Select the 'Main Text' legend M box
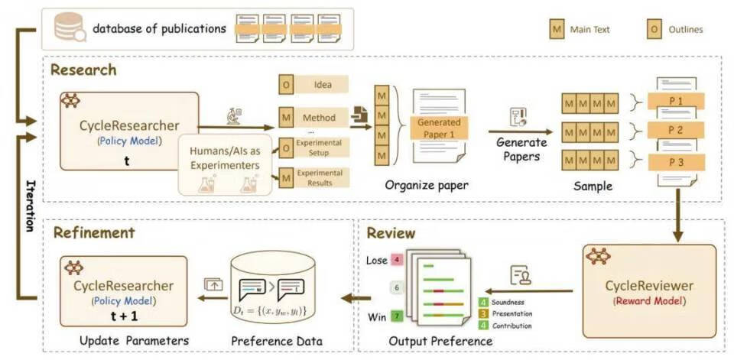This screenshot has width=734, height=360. coord(557,30)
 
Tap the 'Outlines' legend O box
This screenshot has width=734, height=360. coord(654,30)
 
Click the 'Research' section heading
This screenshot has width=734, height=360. coord(83,70)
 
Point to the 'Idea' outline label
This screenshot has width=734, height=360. coord(323,84)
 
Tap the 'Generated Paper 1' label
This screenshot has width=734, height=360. coord(440,127)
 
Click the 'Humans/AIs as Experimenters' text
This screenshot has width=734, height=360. coord(226,155)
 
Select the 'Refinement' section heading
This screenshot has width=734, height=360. coord(93,233)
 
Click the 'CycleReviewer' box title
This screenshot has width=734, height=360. coord(649,286)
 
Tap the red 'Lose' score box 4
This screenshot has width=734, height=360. coord(397,260)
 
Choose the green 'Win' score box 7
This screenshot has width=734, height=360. coord(397,315)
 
